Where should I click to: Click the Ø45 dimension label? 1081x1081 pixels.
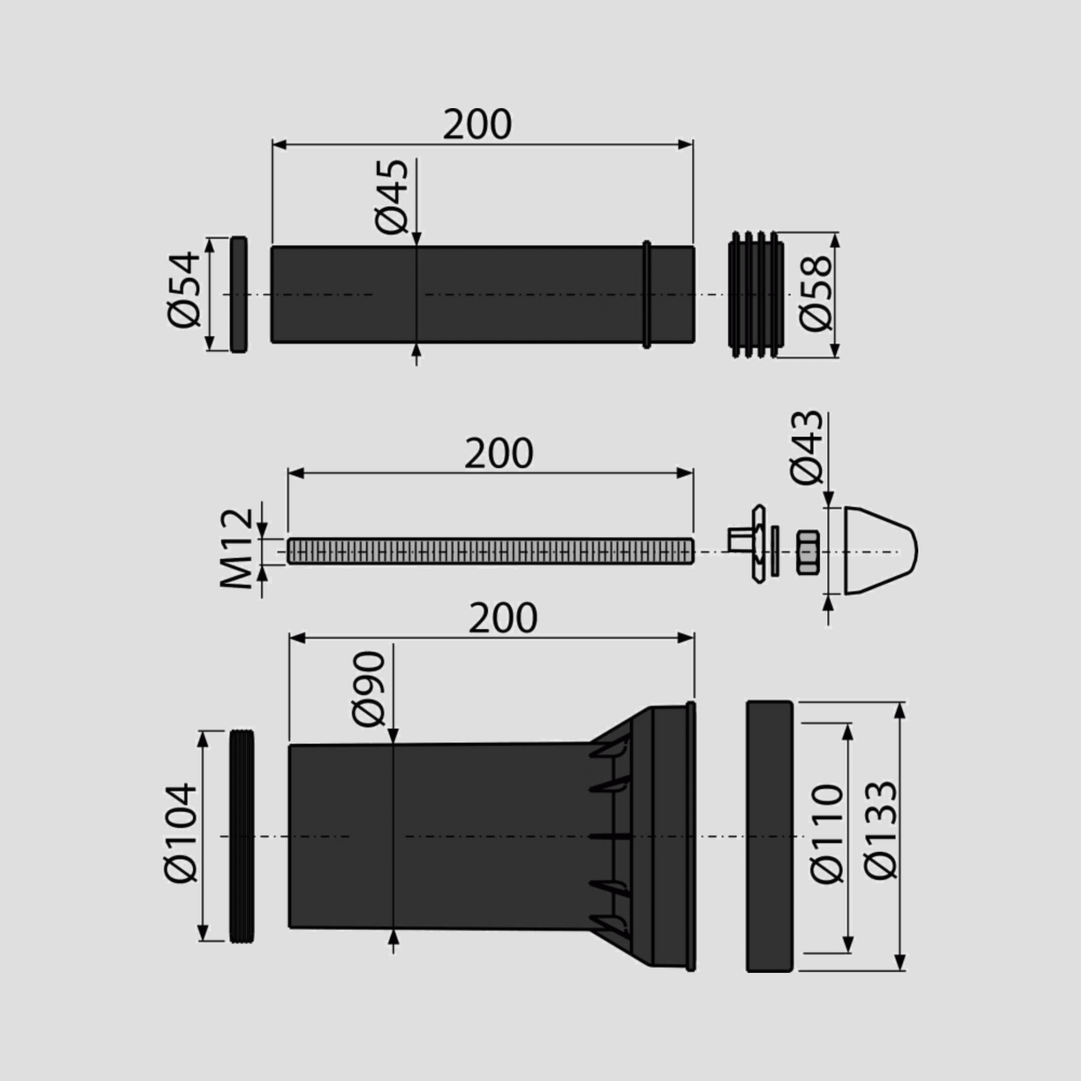392,197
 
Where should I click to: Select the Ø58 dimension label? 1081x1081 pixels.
816,294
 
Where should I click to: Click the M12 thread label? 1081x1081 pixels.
237,548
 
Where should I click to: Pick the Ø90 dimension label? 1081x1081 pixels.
369,688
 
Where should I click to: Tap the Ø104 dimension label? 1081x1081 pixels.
181,832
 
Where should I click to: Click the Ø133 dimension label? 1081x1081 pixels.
880,830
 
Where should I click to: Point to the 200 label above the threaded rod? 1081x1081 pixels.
498,454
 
